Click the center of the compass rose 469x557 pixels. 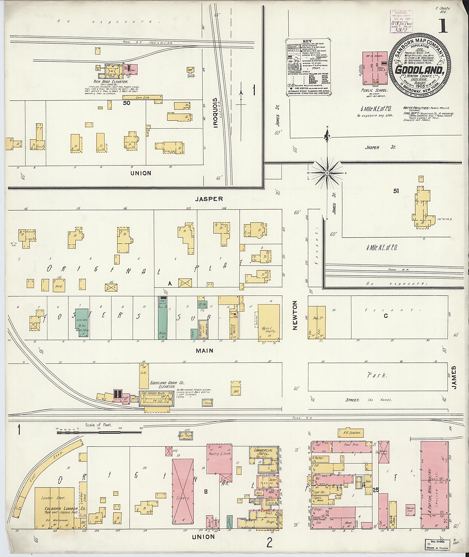(327, 173)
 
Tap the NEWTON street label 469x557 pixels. (294, 316)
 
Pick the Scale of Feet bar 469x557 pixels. (99, 433)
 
